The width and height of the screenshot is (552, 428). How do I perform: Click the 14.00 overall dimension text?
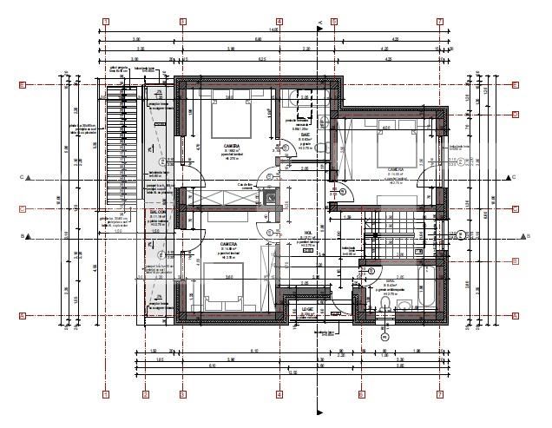[x=274, y=30]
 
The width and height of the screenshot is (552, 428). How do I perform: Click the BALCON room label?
[x=157, y=211]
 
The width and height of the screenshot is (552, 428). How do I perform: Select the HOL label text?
[x=307, y=233]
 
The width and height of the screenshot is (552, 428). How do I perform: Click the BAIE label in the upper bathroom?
[x=306, y=135]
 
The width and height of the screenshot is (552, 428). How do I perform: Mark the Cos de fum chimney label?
[x=245, y=185]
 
